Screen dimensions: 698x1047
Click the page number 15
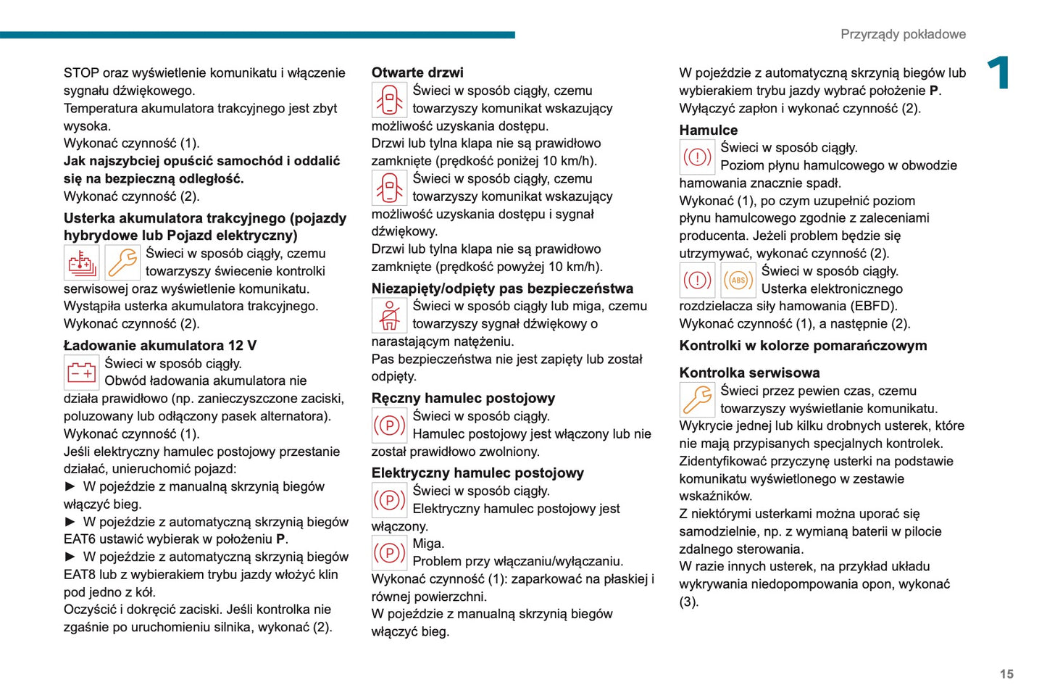(x=1006, y=674)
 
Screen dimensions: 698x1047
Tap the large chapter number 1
(x=999, y=73)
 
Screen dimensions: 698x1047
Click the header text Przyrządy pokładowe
(x=902, y=34)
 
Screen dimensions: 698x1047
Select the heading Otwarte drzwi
(x=417, y=72)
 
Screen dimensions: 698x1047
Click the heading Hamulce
(x=708, y=130)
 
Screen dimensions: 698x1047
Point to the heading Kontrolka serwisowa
(x=749, y=373)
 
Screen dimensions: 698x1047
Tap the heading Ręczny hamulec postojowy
(x=463, y=398)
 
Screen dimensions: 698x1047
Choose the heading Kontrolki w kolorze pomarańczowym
(x=803, y=346)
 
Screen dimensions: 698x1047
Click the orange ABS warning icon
(x=738, y=281)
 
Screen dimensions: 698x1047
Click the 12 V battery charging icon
(x=81, y=373)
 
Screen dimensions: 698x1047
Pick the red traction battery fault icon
(x=81, y=263)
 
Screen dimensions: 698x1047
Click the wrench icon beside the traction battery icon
(x=122, y=263)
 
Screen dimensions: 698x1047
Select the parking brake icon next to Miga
(x=389, y=553)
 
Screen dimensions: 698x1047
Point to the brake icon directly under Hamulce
(x=697, y=157)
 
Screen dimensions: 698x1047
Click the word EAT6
(x=80, y=539)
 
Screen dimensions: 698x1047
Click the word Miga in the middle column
(x=428, y=544)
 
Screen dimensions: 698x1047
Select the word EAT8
(x=80, y=575)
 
